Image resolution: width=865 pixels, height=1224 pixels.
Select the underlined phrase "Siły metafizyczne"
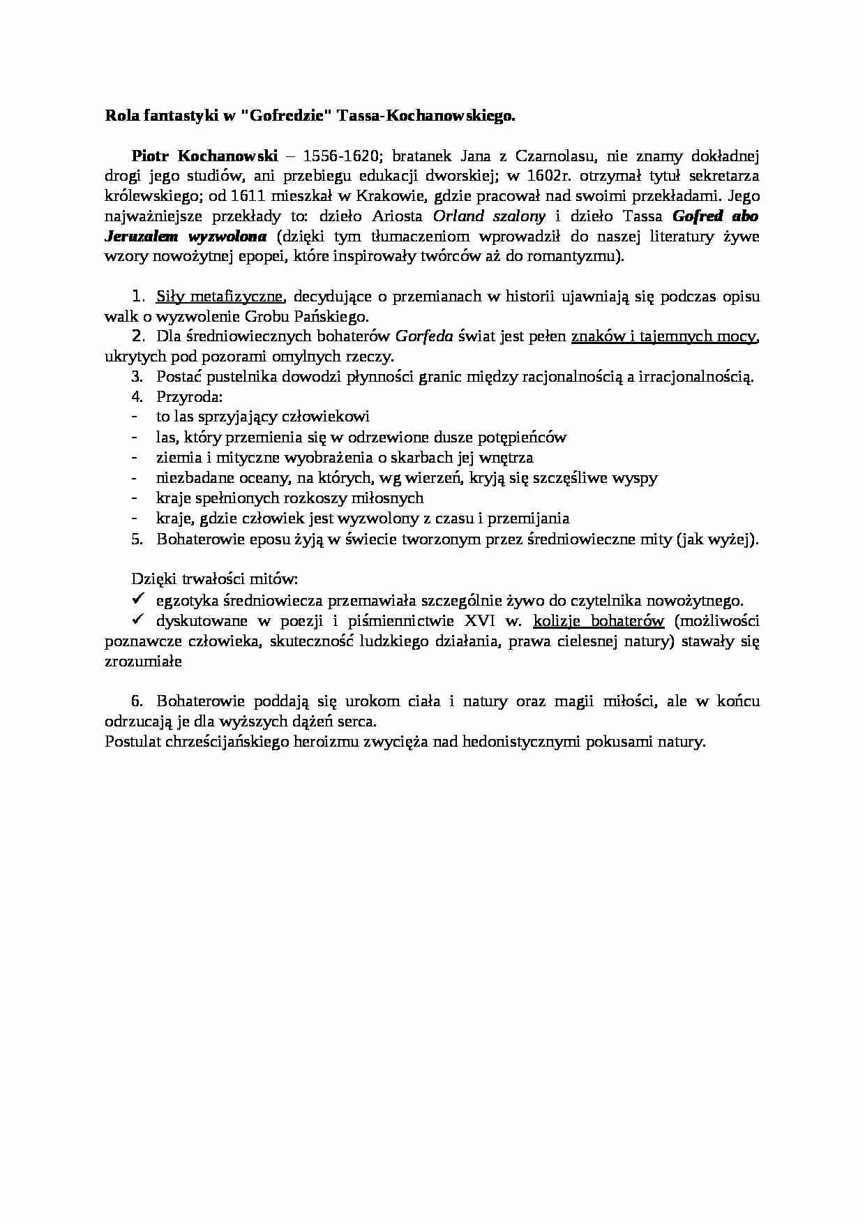coord(219,296)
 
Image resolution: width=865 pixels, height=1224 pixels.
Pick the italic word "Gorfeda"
coord(424,336)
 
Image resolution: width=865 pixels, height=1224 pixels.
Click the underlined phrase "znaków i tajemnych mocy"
coord(663,336)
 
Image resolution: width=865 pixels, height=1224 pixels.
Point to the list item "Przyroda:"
coord(190,397)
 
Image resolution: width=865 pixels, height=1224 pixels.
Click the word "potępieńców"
coord(523,438)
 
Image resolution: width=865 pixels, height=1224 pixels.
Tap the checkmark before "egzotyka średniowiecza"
coord(137,599)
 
